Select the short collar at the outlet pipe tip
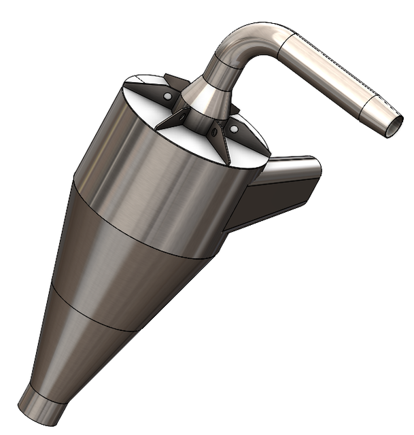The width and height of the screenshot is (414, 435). coord(378,111)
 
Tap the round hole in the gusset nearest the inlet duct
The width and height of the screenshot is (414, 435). coord(234,128)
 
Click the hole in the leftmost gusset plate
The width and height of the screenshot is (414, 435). coord(166,97)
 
